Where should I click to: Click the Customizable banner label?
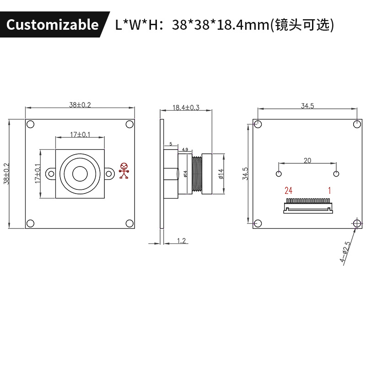[52, 25]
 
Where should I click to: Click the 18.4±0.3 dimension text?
[186, 108]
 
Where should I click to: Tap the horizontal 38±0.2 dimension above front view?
[80, 105]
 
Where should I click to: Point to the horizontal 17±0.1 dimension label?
[80, 135]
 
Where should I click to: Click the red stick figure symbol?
[124, 171]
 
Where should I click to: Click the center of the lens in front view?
[80, 173]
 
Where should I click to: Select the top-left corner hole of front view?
[30, 124]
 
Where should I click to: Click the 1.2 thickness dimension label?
[181, 241]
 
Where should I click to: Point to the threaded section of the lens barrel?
[198, 173]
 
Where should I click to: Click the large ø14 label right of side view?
[221, 174]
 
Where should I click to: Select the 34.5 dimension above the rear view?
[307, 106]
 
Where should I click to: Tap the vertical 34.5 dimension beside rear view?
[246, 174]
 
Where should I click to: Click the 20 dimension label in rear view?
[307, 160]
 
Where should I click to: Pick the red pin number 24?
[288, 190]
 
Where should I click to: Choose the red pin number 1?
[328, 190]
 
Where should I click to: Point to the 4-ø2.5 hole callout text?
[345, 253]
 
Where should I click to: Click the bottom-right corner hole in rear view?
[357, 223]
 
